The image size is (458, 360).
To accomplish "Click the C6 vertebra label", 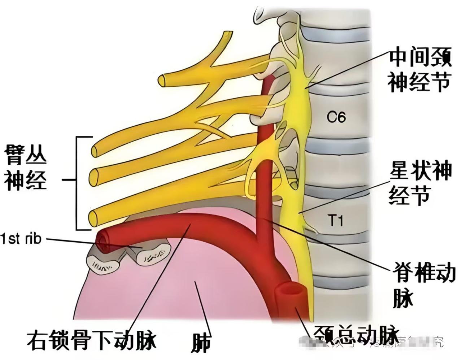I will [x=336, y=117].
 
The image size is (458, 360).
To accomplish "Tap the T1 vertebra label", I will [x=336, y=220].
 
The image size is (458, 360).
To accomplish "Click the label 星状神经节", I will [x=419, y=186].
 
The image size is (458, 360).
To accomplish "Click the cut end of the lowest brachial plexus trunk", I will [x=93, y=218].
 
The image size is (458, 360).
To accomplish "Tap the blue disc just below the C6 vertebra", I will [x=337, y=144].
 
